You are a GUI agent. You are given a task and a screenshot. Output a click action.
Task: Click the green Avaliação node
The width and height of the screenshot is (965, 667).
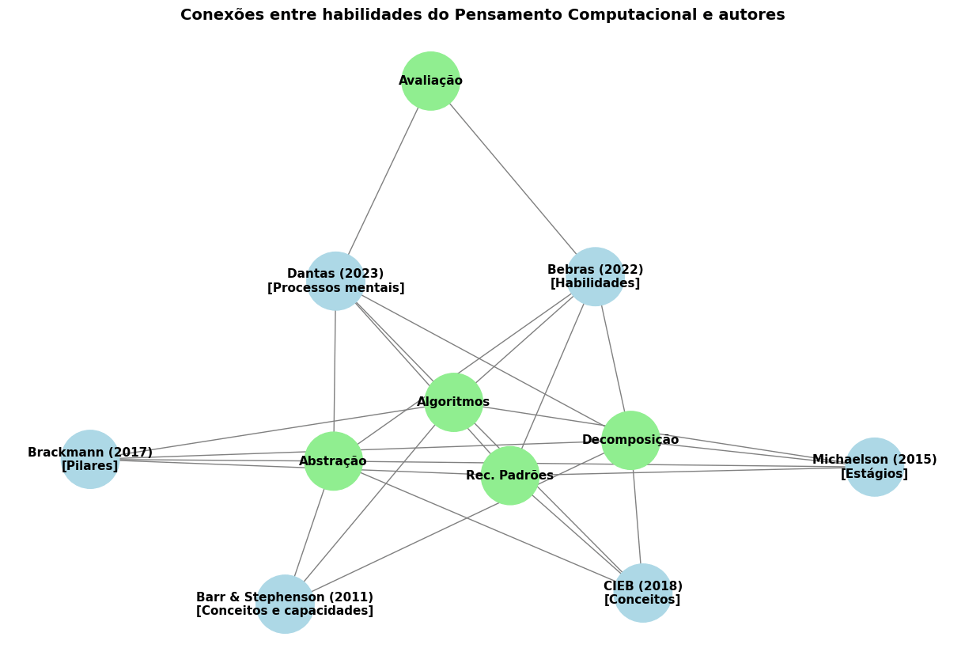(430, 81)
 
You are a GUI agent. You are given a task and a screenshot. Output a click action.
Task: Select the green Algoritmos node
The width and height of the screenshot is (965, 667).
(453, 402)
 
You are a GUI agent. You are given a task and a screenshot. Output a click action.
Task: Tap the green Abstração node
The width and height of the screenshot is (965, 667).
(333, 460)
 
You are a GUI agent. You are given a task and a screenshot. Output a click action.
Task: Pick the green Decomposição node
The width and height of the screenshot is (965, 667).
(630, 440)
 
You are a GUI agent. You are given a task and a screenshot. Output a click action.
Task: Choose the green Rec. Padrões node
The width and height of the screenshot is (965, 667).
(509, 476)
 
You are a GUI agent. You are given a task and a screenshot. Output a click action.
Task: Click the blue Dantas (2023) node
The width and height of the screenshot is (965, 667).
(335, 281)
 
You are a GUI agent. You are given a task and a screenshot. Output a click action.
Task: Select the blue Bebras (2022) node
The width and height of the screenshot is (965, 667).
(595, 276)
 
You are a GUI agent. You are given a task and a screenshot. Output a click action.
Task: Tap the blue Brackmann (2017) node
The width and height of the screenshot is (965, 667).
(89, 459)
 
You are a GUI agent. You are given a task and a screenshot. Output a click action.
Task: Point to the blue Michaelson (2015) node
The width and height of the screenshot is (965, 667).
(874, 467)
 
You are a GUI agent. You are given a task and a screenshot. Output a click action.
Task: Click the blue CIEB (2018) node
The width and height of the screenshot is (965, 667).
(642, 593)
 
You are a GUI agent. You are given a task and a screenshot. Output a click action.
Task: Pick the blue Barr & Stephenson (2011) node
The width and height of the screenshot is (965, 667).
(285, 604)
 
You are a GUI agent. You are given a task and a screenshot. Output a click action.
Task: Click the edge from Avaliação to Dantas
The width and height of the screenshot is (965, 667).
(384, 180)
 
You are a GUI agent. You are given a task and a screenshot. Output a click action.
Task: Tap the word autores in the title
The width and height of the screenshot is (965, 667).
(757, 15)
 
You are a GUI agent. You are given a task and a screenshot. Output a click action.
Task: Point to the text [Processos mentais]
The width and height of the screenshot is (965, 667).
(335, 288)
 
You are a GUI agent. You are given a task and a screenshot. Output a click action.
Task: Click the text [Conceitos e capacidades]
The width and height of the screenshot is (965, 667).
(285, 611)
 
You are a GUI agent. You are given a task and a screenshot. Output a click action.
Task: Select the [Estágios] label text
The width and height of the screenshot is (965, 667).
(874, 474)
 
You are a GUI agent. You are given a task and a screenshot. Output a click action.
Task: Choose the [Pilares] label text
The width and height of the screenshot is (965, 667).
(89, 466)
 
